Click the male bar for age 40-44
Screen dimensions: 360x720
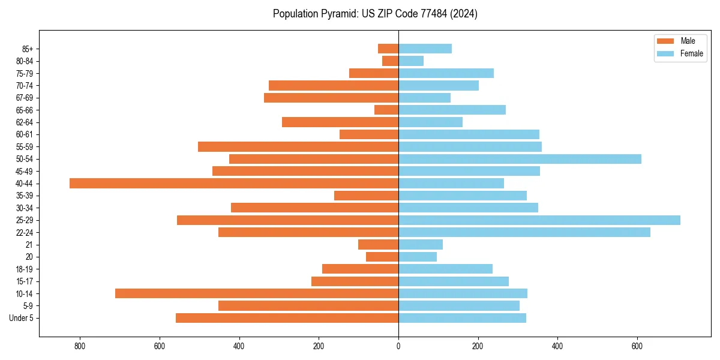coord(234,183)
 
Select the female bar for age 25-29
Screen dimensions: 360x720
coord(539,220)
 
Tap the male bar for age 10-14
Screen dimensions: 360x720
coord(257,293)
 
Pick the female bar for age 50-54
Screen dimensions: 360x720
coord(520,159)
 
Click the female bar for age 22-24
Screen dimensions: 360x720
coord(524,232)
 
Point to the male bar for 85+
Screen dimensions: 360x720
coord(388,49)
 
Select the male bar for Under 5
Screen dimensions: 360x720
coord(287,318)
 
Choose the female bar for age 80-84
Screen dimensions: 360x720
coord(411,61)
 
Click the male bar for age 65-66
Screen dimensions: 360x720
coord(386,110)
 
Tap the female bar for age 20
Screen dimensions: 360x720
coord(418,257)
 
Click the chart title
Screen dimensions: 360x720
coord(375,14)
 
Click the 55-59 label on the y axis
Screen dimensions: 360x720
coord(25,146)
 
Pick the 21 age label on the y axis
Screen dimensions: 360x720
coord(29,245)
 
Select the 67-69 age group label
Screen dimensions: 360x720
coord(25,98)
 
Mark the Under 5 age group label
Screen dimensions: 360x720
coord(22,318)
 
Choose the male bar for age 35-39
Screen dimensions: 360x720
coord(366,196)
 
